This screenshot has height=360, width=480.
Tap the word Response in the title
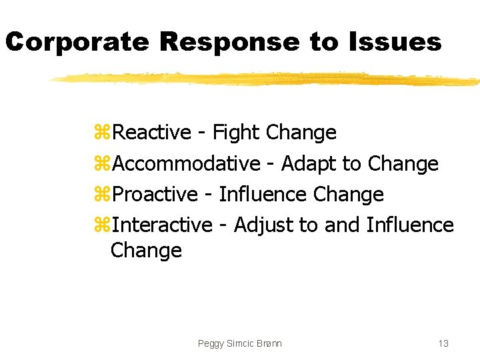(x=230, y=43)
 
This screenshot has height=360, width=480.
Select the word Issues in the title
(x=394, y=43)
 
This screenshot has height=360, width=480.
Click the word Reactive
(x=152, y=133)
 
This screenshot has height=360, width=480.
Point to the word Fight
(x=236, y=133)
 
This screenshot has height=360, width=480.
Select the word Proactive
(x=155, y=194)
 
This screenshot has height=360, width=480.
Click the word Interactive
(x=162, y=225)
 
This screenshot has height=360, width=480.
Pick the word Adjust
(x=263, y=225)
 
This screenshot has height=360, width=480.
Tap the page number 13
(x=443, y=343)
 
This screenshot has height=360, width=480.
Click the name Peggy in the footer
(x=211, y=343)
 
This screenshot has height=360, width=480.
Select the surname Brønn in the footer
(x=268, y=343)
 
